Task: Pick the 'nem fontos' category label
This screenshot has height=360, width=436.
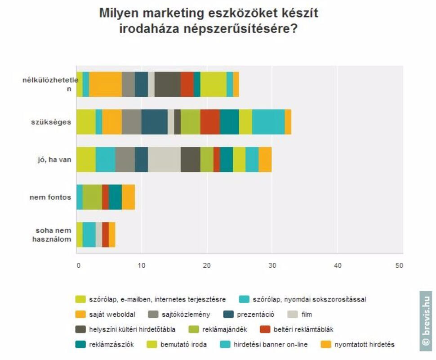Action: pos(50,197)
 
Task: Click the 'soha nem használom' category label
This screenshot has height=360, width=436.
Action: pos(52,234)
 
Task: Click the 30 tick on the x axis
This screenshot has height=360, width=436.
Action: pos(272,265)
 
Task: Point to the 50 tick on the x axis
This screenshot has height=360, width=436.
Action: pos(399,265)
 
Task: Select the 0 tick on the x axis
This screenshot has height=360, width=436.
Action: pos(78,265)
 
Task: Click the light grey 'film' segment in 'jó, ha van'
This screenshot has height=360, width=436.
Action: pos(164,159)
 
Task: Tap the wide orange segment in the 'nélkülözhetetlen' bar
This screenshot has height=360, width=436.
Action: pos(105,84)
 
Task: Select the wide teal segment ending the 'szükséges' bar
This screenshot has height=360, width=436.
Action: pos(268,122)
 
